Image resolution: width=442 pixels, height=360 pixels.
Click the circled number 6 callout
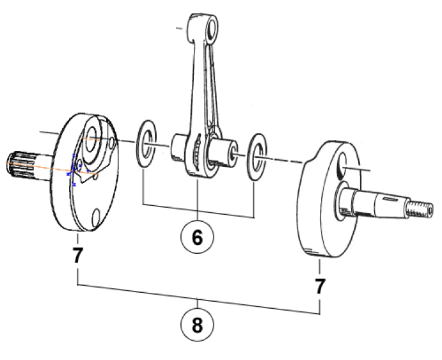[198, 237]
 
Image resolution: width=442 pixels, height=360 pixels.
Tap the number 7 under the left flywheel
[77, 256]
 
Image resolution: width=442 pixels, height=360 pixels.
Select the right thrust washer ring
[258, 155]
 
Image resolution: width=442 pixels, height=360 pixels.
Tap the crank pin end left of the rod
[178, 144]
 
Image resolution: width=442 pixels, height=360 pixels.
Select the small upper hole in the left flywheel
[111, 139]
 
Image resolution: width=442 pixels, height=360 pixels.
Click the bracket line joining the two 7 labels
[198, 300]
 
